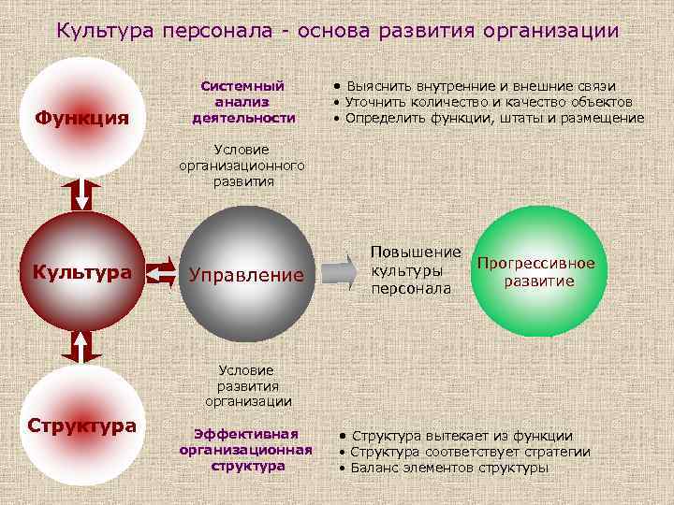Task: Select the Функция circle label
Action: (x=81, y=120)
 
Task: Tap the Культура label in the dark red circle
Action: (x=81, y=272)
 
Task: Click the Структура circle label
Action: (x=81, y=426)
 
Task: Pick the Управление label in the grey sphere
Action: (x=246, y=275)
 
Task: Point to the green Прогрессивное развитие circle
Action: (x=536, y=272)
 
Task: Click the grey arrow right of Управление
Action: (x=340, y=272)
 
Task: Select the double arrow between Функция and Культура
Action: (x=81, y=193)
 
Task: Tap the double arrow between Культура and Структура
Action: (x=81, y=347)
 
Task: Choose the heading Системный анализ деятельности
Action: (x=243, y=102)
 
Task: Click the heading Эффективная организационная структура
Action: (x=245, y=450)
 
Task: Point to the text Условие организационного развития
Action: (x=242, y=166)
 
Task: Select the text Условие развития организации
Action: (x=248, y=385)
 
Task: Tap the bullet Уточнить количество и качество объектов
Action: (x=488, y=102)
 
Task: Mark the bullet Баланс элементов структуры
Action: (x=449, y=468)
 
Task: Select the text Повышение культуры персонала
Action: (x=416, y=271)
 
